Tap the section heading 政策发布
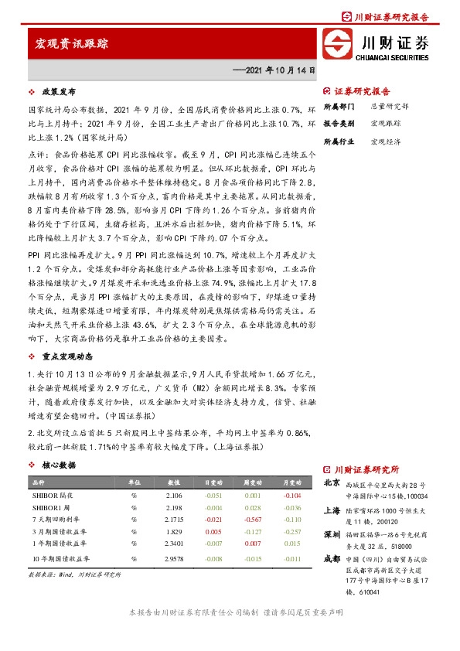[x=57, y=91]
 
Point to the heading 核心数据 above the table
[x=59, y=465]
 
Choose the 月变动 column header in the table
[x=291, y=482]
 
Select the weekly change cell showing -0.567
[x=252, y=520]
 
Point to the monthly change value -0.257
[x=291, y=533]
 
